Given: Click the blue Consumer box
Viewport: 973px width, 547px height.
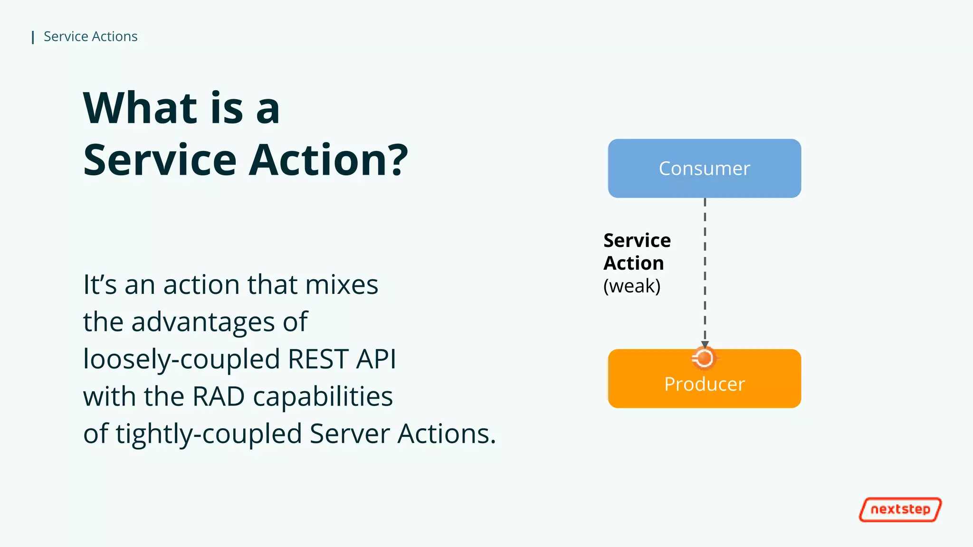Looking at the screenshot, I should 704,168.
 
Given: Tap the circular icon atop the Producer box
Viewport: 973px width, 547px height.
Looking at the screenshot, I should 704,358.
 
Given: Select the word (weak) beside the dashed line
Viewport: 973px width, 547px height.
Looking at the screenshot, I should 632,286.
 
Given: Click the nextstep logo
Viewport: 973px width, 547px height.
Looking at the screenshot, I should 900,509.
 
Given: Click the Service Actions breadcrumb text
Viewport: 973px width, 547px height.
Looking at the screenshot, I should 90,37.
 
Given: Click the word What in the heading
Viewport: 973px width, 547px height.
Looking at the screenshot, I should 140,108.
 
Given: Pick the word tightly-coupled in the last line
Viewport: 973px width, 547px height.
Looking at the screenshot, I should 209,434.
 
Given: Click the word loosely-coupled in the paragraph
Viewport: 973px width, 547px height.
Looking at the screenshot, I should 181,359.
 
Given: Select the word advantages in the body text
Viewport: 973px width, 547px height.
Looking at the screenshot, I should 203,322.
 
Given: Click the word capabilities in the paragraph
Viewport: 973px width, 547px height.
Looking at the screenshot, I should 323,396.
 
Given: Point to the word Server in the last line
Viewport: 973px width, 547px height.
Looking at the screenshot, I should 350,434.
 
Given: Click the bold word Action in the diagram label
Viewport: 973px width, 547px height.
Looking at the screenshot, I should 633,263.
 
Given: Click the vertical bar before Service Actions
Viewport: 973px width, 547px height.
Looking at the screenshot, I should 33,37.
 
